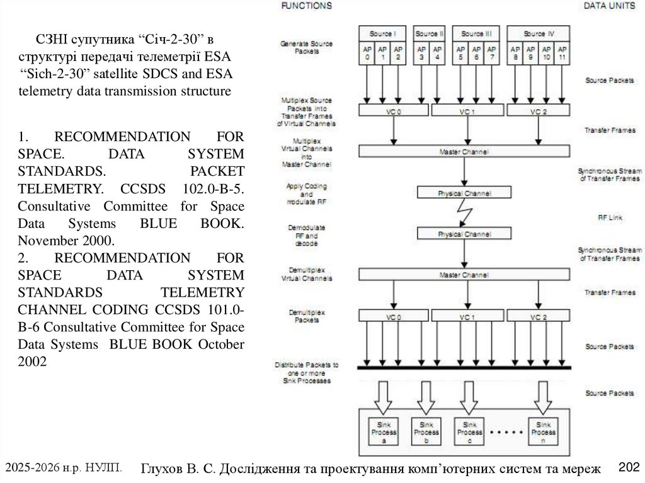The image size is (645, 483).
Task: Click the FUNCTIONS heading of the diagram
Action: (x=305, y=6)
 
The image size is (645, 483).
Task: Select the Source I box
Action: (x=382, y=33)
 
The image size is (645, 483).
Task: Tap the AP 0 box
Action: (x=367, y=53)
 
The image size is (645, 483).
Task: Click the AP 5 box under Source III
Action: (x=461, y=53)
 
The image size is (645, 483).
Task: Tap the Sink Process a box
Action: (x=383, y=432)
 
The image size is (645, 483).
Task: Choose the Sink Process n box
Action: (x=542, y=432)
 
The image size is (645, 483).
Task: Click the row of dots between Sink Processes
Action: (x=505, y=433)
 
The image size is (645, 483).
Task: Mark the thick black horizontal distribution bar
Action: (x=464, y=367)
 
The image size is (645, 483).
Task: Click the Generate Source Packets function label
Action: (x=305, y=47)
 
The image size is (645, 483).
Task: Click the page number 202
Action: (x=629, y=467)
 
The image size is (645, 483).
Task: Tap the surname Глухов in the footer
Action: (x=163, y=469)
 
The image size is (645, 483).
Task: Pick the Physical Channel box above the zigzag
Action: (x=464, y=193)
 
